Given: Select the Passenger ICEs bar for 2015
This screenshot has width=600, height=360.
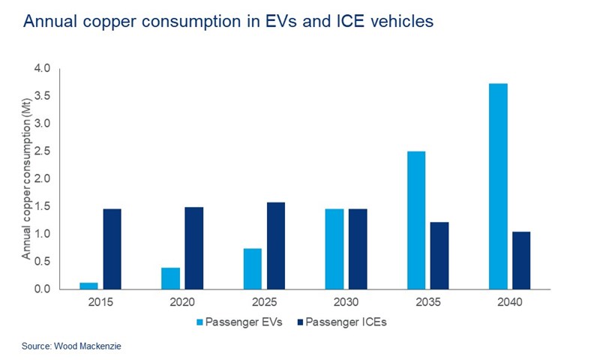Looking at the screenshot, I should tap(112, 249).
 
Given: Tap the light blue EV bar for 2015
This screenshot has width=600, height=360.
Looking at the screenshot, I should tap(89, 286).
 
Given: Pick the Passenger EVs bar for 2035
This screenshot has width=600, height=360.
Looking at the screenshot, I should tap(416, 220).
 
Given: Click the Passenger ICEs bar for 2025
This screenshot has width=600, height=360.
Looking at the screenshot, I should tap(275, 245).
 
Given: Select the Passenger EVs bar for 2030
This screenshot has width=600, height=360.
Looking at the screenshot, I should tap(334, 249).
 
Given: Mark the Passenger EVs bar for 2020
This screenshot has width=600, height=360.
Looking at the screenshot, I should tap(171, 278).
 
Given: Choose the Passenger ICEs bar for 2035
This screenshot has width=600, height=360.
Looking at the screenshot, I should tap(439, 256).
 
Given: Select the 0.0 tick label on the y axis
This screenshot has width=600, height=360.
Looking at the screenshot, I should tap(42, 289).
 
